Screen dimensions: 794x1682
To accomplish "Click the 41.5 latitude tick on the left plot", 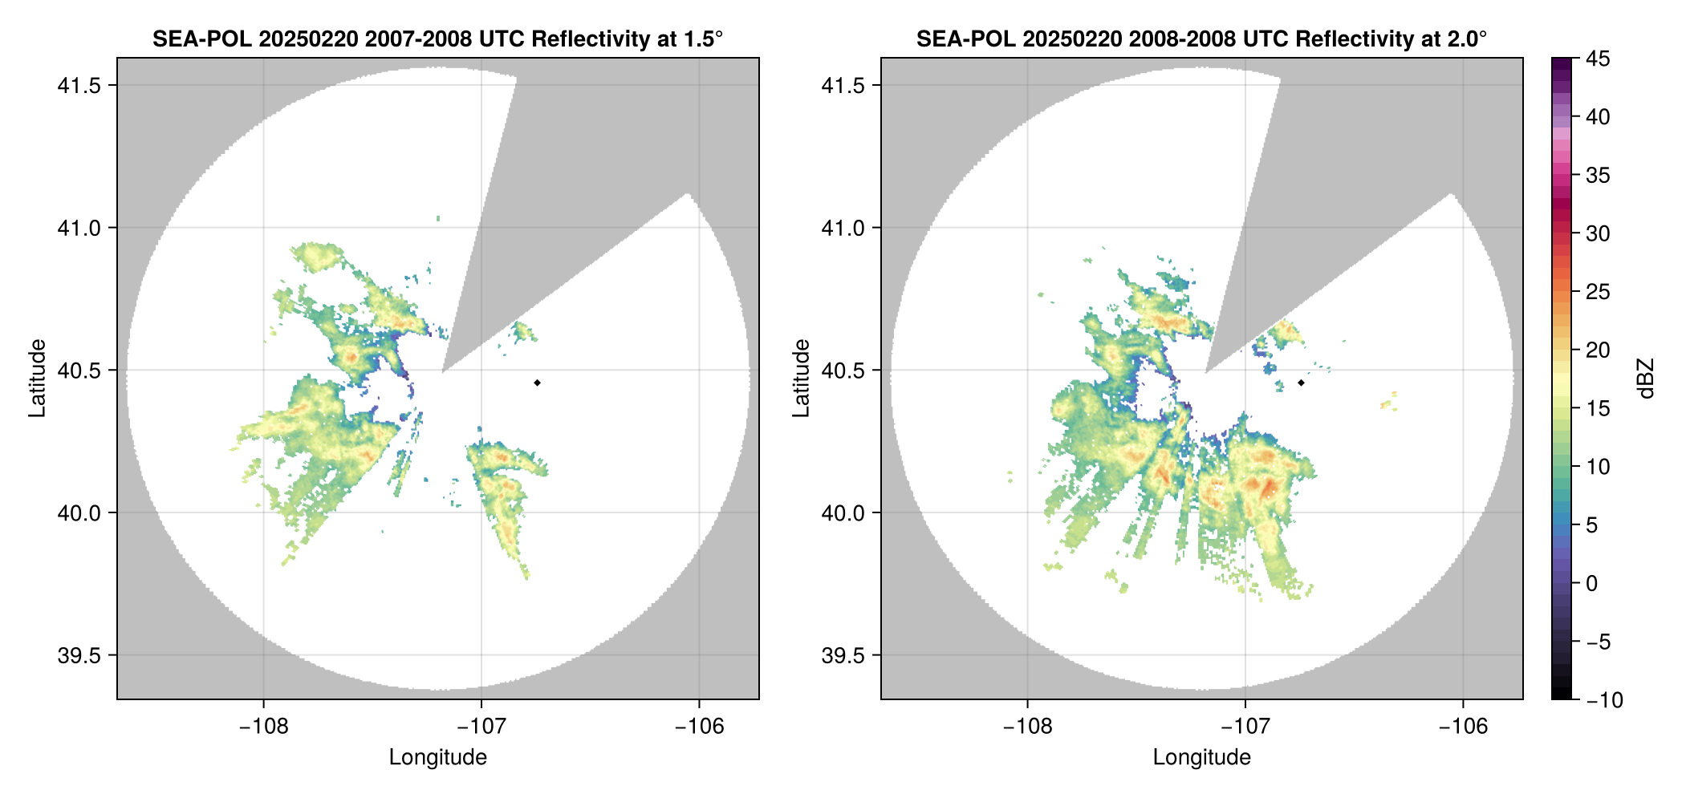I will tap(79, 86).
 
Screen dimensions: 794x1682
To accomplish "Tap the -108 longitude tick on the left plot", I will tap(263, 727).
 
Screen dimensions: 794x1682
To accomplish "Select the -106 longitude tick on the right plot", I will tap(1463, 727).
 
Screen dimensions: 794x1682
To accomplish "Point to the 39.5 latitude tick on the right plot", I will tap(843, 655).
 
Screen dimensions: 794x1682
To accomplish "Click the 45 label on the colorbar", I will tap(1597, 59).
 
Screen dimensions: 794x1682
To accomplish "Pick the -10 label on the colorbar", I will tap(1604, 700).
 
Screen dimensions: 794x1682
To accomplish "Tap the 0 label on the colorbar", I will tap(1591, 583).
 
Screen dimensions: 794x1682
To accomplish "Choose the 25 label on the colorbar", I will tap(1597, 292).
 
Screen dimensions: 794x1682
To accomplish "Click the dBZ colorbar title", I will tap(1646, 379).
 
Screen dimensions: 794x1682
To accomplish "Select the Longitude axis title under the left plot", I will tap(437, 757).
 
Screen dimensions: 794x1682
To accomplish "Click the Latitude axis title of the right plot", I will tap(801, 379).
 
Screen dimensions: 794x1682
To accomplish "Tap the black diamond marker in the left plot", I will tap(537, 383).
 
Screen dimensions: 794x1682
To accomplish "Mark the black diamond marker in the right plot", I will tap(1301, 383).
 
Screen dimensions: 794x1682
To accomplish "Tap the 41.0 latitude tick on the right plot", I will tap(843, 228).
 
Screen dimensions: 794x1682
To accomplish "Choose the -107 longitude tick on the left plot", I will tap(481, 727).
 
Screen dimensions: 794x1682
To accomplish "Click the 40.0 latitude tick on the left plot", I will tap(79, 512).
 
